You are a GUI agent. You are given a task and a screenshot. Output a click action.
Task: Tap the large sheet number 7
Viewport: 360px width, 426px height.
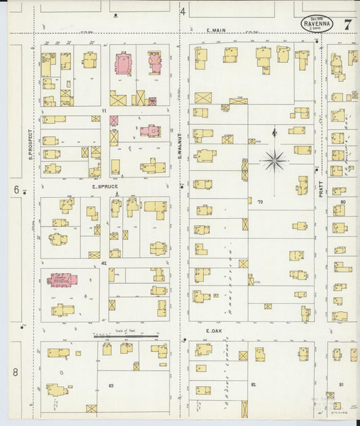(x=347, y=25)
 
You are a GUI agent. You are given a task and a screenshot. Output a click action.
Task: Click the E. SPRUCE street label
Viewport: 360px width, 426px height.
(x=105, y=186)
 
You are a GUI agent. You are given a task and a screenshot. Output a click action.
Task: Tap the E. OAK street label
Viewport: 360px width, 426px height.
(x=214, y=331)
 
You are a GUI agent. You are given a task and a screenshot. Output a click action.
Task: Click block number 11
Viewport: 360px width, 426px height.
(x=104, y=110)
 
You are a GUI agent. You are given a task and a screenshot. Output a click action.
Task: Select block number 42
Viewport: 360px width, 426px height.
(x=103, y=263)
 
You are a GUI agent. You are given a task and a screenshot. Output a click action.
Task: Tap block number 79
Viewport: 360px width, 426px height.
(x=259, y=201)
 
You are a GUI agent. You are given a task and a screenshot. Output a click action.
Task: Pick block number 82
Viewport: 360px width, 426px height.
(x=253, y=384)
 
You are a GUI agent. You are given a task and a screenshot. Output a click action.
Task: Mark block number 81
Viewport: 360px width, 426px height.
(x=341, y=384)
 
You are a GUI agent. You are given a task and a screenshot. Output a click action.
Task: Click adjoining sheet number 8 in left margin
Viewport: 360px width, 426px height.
(x=15, y=372)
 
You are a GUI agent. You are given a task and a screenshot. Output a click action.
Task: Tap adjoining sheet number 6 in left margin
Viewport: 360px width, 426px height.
(x=16, y=190)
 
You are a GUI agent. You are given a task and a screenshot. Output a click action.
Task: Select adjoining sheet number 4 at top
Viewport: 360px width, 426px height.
(x=182, y=11)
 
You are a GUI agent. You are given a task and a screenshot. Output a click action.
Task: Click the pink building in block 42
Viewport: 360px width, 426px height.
(x=62, y=279)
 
